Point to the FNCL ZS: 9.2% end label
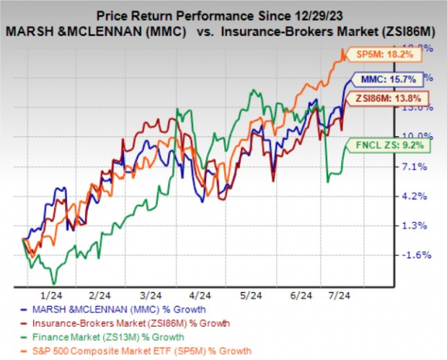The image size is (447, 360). [x=387, y=146]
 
